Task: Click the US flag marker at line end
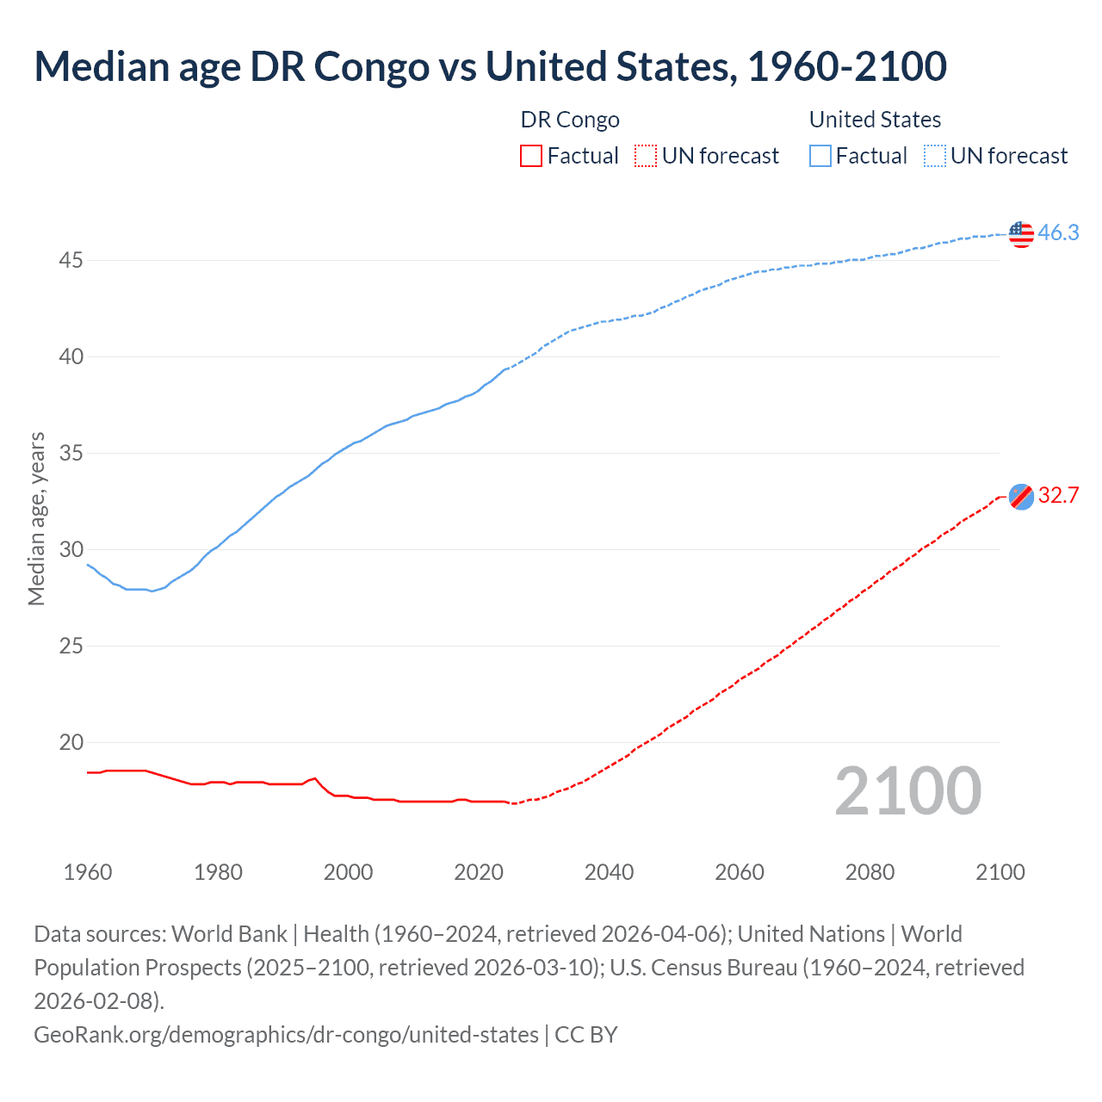coord(1020,233)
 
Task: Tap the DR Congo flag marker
coord(1020,496)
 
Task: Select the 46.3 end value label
coord(1058,233)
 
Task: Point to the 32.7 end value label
coord(1058,496)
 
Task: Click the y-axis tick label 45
coord(71,260)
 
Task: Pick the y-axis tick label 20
coord(71,742)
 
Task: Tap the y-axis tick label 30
coord(71,549)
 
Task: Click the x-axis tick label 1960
coord(88,872)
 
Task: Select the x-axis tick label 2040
coord(609,872)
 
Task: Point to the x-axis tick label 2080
coord(870,872)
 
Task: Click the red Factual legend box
coord(531,156)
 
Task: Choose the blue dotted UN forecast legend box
coord(935,156)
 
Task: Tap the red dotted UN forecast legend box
coord(646,156)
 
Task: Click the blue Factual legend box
coord(820,156)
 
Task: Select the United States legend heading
coord(875,120)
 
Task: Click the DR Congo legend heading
coord(570,120)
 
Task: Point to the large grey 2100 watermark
coord(907,791)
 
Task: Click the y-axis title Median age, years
coord(36,519)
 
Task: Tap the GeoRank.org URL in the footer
coord(286,1034)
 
